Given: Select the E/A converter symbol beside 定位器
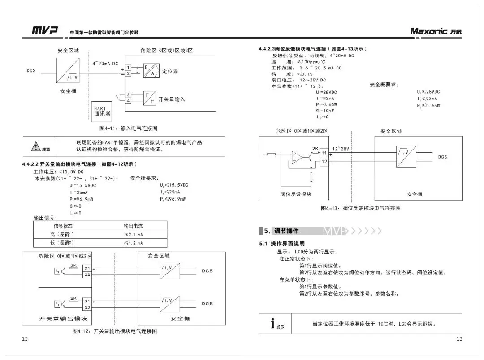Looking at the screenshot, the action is [x=151, y=71].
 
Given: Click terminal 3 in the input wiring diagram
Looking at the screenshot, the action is [x=128, y=95].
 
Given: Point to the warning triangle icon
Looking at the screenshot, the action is [x=36, y=146].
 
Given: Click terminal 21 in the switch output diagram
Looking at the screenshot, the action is [x=87, y=268].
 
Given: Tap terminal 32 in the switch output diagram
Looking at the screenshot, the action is [x=87, y=308].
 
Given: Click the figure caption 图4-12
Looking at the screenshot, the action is [x=115, y=331].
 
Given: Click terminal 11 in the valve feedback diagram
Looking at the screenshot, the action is [x=324, y=153].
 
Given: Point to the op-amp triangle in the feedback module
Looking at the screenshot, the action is [x=296, y=156].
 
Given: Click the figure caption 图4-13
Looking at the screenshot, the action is [x=360, y=208].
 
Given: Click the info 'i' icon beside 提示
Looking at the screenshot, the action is [x=272, y=323].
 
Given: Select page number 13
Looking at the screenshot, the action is [x=459, y=339].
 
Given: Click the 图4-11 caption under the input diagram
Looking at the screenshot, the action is [x=128, y=128].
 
